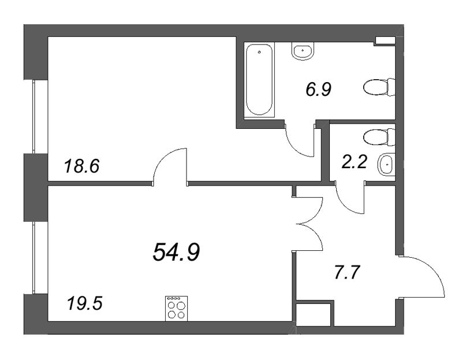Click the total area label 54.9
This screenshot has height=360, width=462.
[x=176, y=252]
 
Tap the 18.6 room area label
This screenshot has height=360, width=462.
[x=81, y=167]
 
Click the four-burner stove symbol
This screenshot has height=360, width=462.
[x=176, y=308]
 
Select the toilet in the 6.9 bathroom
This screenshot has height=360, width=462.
[x=379, y=88]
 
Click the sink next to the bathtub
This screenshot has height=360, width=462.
[x=303, y=52]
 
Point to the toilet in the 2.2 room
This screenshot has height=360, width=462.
[x=379, y=137]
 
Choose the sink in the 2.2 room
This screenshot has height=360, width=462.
[x=386, y=165]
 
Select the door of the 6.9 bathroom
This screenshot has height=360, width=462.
[x=300, y=140]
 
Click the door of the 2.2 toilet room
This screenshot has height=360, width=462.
[x=350, y=196]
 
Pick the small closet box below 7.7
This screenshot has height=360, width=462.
[x=314, y=316]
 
